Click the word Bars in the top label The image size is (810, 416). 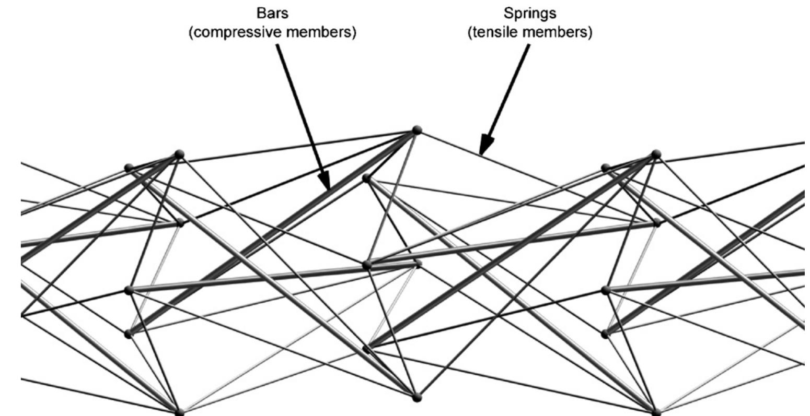click(272, 13)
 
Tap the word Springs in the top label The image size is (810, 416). click(530, 13)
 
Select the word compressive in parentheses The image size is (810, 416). click(238, 32)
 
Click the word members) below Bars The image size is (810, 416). click(320, 32)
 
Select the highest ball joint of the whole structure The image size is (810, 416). click(416, 129)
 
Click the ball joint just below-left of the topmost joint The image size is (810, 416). click(366, 178)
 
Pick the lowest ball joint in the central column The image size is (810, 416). click(416, 398)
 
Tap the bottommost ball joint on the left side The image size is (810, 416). click(179, 413)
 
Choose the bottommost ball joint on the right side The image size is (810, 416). click(656, 413)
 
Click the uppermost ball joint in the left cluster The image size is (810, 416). click(179, 154)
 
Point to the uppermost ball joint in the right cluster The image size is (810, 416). click(656, 154)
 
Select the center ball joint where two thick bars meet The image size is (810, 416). click(367, 265)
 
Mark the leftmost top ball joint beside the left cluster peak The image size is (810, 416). click(129, 168)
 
